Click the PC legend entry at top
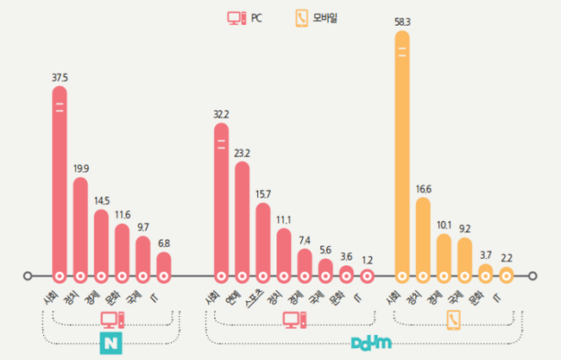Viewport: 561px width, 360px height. click(x=245, y=17)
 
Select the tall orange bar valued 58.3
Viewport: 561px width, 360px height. click(x=402, y=155)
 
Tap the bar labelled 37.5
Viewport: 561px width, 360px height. click(x=60, y=190)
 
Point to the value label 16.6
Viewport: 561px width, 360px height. click(x=423, y=187)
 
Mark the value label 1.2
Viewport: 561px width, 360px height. click(x=367, y=259)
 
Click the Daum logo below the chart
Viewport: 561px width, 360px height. click(x=371, y=343)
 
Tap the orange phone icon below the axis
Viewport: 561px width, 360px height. click(x=454, y=319)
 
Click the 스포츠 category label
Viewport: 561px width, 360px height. click(x=254, y=300)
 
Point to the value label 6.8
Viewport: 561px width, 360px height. click(x=163, y=243)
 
